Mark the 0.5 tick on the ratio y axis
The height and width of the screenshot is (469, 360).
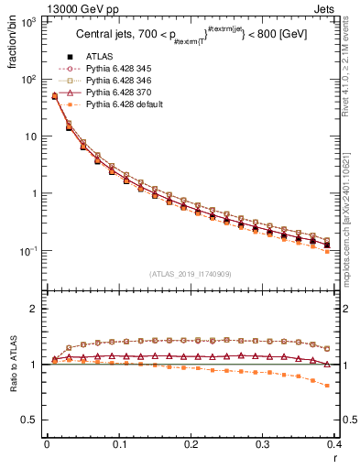(x=29, y=420)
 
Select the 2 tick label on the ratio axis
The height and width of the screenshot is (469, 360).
(x=34, y=309)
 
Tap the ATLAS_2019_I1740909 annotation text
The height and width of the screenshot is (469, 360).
(x=191, y=274)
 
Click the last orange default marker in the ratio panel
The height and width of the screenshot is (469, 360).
(x=328, y=386)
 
